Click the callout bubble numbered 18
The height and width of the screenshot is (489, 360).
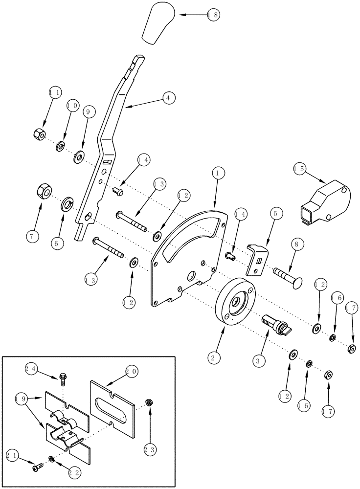pyautogui.click(x=213, y=15)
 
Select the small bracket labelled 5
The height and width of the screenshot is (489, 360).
pyautogui.click(x=257, y=258)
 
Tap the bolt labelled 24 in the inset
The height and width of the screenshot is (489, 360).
pyautogui.click(x=63, y=377)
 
